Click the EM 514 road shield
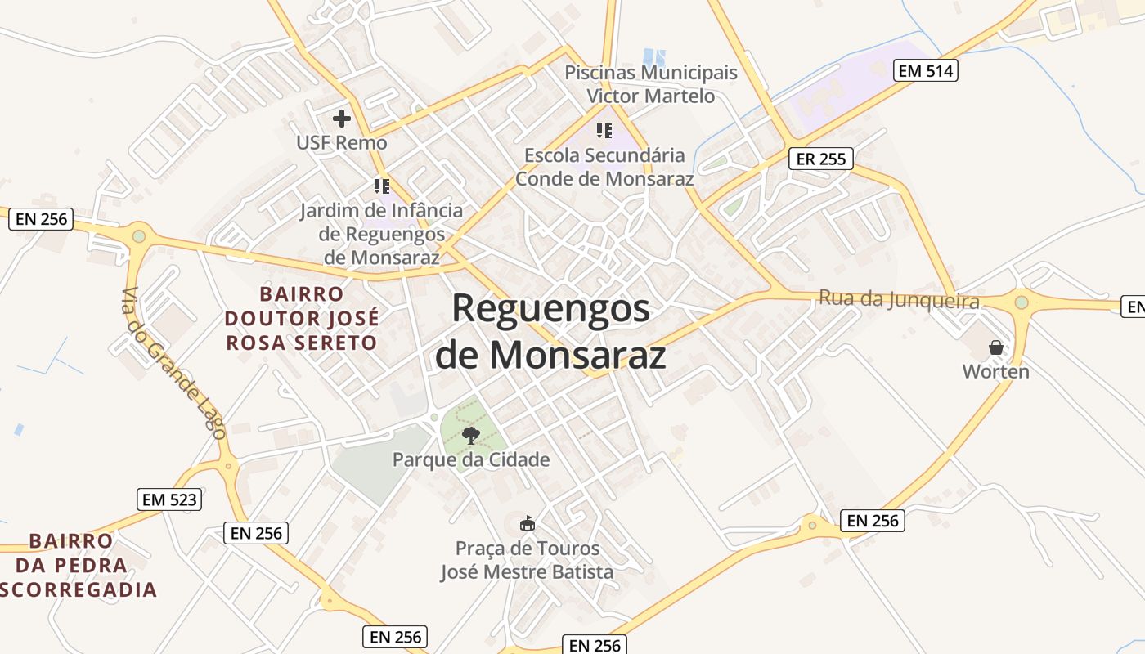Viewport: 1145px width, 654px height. coord(925,71)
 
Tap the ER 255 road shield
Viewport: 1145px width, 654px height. coord(820,159)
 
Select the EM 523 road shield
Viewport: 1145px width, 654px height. coord(169,499)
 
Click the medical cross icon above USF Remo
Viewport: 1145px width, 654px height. coord(342,119)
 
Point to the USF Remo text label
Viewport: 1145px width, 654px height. coord(342,142)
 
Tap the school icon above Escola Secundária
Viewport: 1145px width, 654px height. coord(604,131)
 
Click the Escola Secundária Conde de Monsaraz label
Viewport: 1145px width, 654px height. coord(604,167)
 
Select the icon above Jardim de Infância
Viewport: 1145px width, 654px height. coord(381,186)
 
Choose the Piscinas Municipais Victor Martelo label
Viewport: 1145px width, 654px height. coord(651,84)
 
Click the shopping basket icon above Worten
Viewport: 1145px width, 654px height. coord(995,347)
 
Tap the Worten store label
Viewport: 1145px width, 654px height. coord(995,372)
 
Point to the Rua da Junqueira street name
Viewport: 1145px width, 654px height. coord(899,300)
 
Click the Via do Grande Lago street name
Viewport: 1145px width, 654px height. coord(173,364)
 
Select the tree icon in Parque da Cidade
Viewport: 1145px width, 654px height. coord(470,435)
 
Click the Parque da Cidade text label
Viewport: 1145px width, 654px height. coord(471,459)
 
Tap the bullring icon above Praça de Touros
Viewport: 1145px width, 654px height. coord(528,523)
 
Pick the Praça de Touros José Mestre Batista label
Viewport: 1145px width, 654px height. coord(528,560)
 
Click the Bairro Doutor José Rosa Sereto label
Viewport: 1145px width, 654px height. coord(302,318)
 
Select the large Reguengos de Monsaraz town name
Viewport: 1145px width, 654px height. coord(550,331)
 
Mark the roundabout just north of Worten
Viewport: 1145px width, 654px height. coord(1021,302)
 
